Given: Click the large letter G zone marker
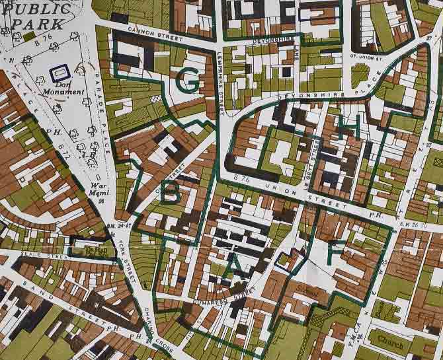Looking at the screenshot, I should click(x=188, y=81).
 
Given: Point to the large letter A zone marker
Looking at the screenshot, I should click(x=237, y=265).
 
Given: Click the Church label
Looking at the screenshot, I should click(x=390, y=341).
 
